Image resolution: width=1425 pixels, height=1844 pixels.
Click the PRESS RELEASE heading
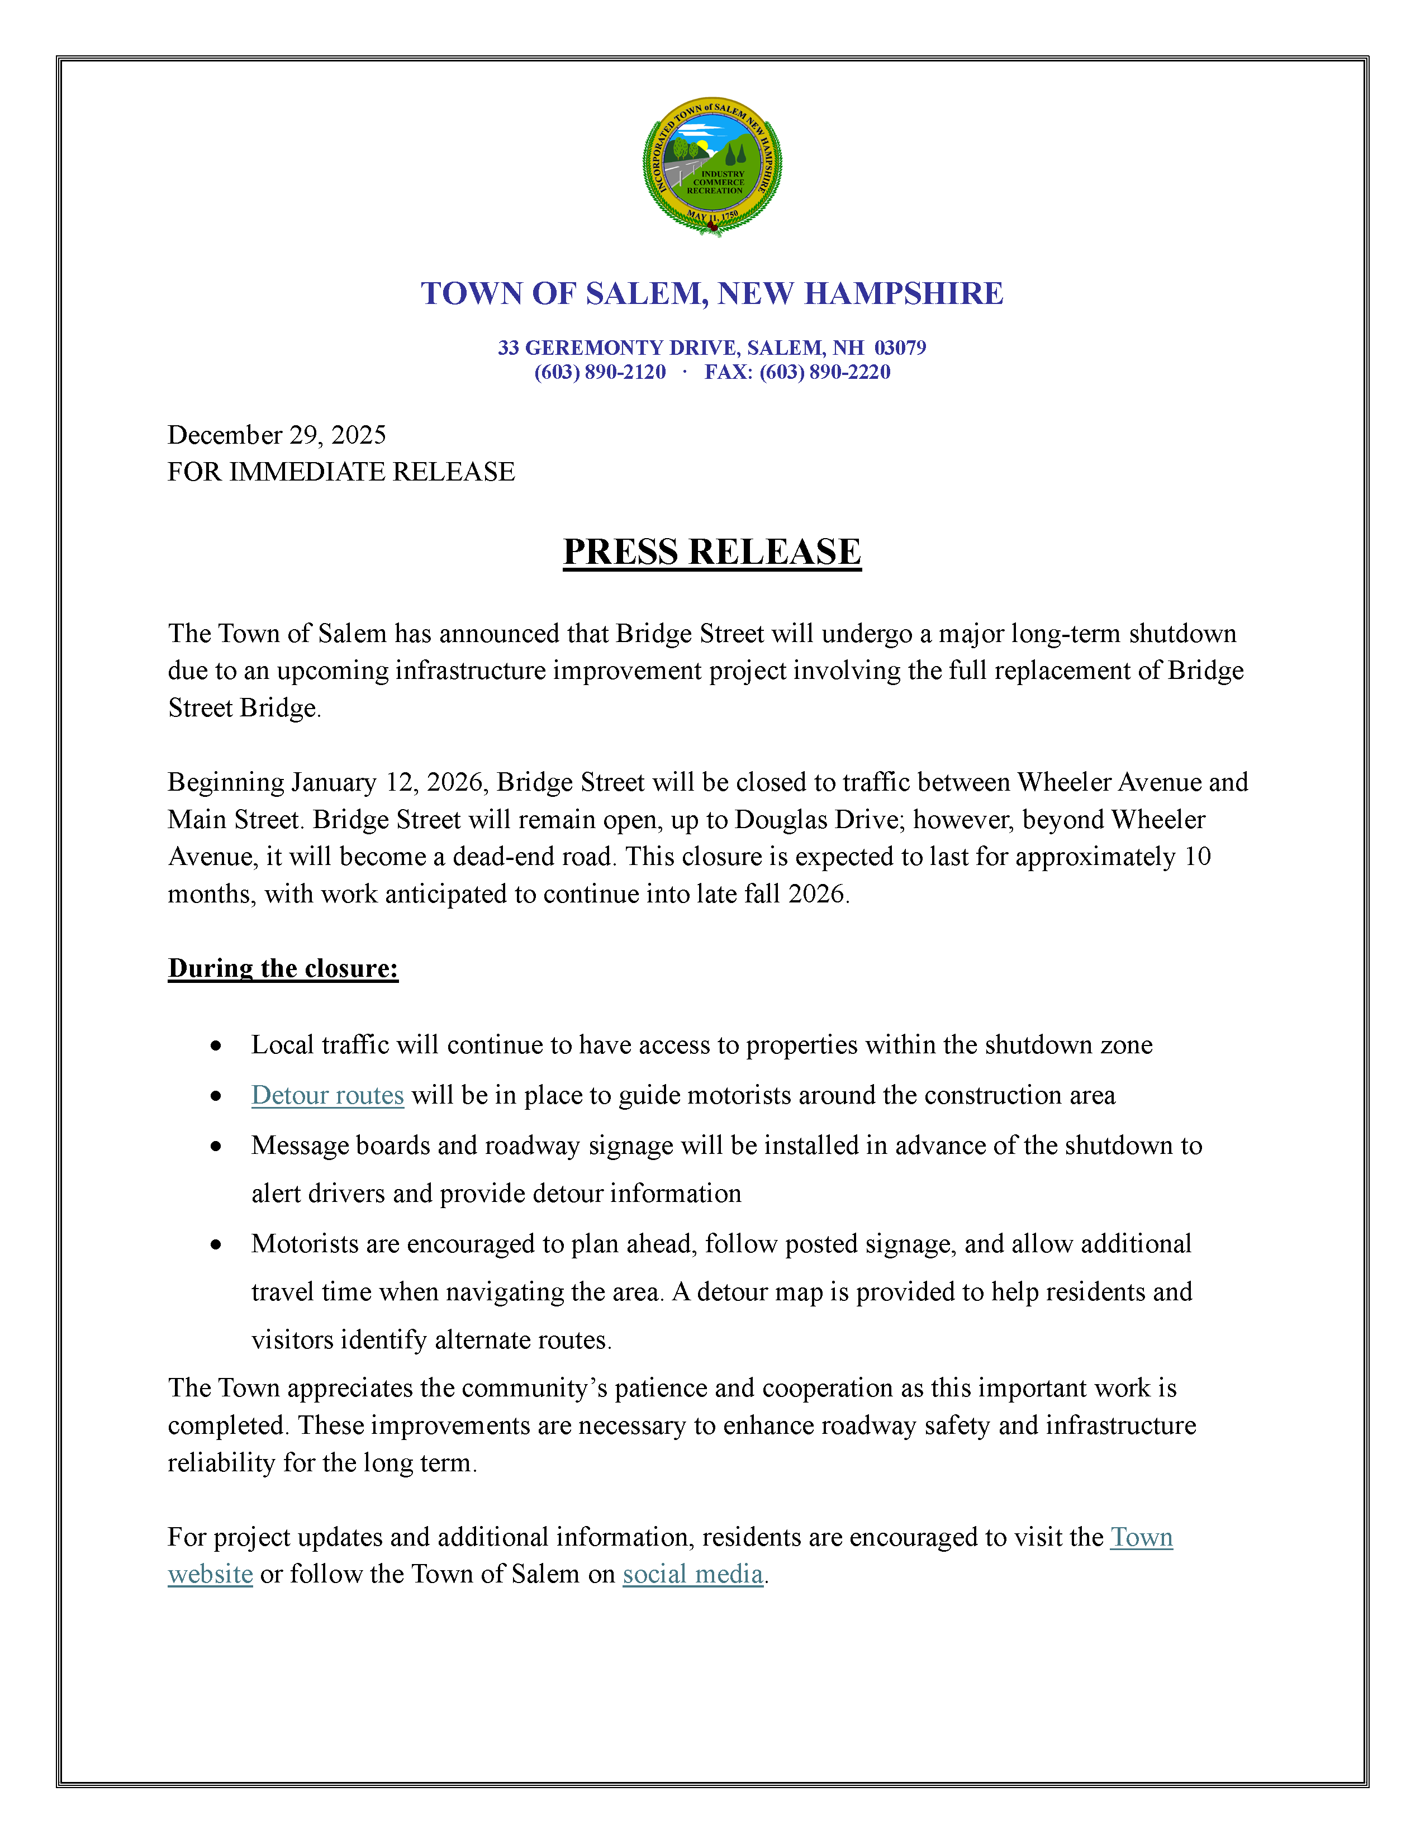point(711,552)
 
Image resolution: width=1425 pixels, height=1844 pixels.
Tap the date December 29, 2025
point(276,435)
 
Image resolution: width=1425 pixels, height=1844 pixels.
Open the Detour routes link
point(327,1095)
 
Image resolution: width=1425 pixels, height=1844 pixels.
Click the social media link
point(692,1574)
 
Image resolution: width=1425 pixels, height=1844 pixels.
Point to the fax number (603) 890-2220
point(825,372)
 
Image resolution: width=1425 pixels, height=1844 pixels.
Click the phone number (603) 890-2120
point(600,372)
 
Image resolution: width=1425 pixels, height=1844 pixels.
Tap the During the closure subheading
point(283,968)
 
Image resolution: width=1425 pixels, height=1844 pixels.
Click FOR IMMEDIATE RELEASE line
point(341,472)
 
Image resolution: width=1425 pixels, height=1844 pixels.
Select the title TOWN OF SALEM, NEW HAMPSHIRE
point(711,294)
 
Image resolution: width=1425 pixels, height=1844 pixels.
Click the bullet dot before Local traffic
point(216,1046)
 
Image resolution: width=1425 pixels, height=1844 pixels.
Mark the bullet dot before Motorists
point(216,1244)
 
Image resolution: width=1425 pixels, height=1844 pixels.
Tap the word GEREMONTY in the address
point(593,348)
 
